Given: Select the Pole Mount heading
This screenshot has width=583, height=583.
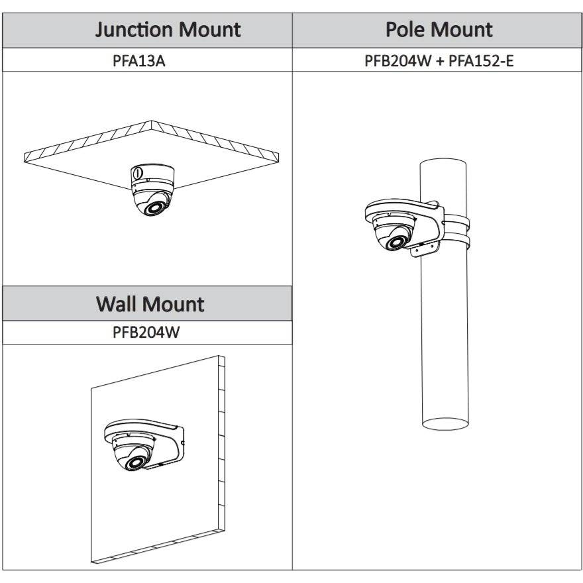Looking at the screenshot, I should tap(439, 30).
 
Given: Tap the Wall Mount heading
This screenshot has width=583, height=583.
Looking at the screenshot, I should tap(150, 304).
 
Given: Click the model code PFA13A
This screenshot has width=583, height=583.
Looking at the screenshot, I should tap(148, 61).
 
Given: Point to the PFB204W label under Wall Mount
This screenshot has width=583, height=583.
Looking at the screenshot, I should tap(146, 333).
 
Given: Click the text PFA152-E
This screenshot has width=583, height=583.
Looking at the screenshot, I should tap(480, 61).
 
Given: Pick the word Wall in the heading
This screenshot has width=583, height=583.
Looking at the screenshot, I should tap(120, 304).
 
